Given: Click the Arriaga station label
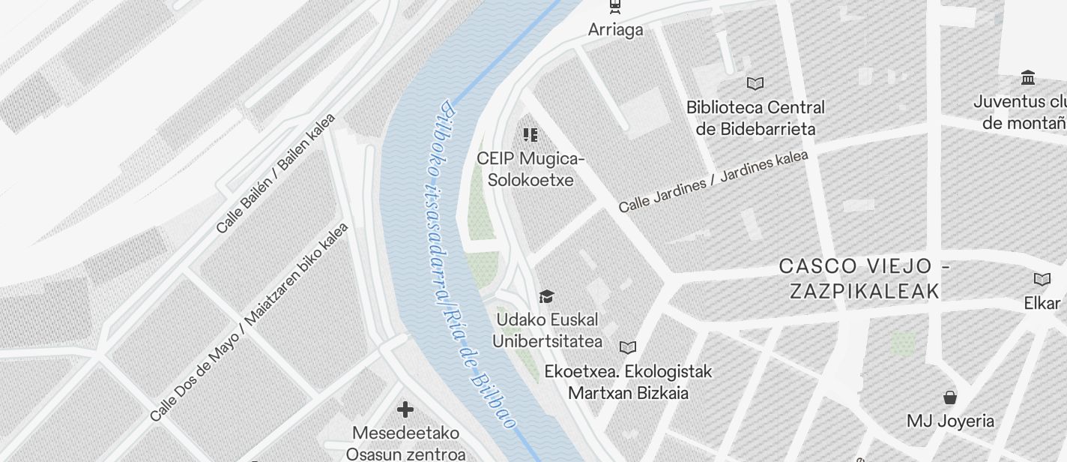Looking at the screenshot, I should tap(615, 30).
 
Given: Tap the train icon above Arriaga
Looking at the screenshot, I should tap(615, 6).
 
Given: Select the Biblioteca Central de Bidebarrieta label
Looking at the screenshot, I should tap(755, 118).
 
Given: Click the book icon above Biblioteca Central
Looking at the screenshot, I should tap(755, 83).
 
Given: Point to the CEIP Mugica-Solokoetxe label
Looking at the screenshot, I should tap(531, 169).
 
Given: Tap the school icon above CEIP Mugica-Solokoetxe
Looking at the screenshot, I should tap(531, 135).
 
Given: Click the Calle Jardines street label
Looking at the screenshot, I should tap(713, 181).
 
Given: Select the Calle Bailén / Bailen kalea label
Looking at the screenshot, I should tap(275, 174).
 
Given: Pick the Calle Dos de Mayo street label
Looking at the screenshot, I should tap(249, 322).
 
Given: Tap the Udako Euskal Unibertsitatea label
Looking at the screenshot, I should tap(547, 330).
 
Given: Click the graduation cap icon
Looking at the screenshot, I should tap(547, 297).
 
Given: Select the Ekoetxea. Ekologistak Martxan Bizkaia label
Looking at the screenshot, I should tap(628, 382).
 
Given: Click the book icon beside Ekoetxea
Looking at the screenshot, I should tap(628, 347).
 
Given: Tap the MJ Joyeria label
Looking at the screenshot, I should tap(950, 421).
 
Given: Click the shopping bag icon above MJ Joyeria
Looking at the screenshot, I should tap(950, 397).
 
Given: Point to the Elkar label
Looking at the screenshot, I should tap(1042, 303).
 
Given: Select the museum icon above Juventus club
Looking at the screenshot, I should tap(1028, 77).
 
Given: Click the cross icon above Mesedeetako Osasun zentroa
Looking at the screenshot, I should tap(405, 409).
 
